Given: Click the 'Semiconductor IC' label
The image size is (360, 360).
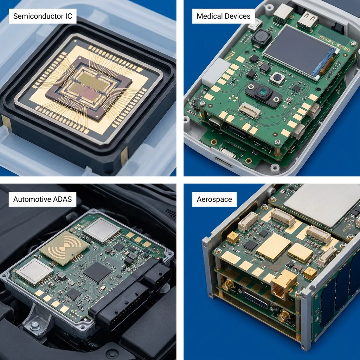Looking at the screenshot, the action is point(43,16).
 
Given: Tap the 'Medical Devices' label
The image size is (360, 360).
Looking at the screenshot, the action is point(223,16).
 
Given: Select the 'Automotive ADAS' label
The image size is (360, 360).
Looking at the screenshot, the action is point(43,199).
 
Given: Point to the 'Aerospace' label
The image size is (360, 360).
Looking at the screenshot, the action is point(214,199).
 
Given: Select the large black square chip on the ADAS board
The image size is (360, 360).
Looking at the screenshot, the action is point(97,272).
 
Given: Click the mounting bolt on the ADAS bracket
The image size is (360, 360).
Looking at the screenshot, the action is point(34,325).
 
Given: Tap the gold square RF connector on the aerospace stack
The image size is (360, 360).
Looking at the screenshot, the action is point(284,284).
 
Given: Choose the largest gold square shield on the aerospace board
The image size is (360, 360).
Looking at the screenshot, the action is point(274,247).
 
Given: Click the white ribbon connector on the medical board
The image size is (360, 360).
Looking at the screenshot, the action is point(250,110).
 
